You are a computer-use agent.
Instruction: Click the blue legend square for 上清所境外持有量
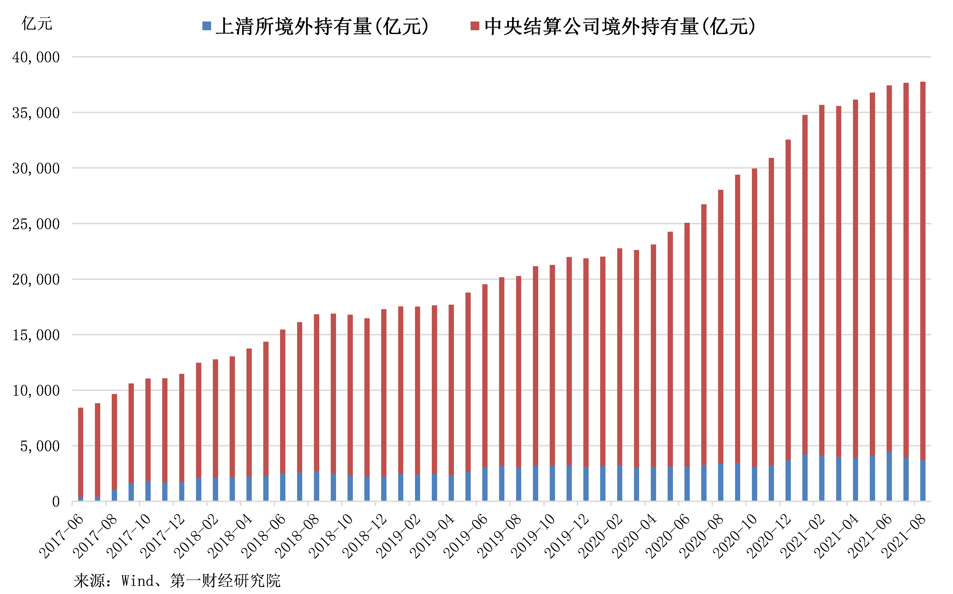207,26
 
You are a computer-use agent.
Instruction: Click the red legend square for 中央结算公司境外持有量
475,26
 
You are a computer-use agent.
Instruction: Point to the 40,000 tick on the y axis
36,57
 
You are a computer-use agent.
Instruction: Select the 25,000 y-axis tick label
36,224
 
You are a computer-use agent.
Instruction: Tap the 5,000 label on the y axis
40,446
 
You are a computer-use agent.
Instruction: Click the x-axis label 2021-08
904,536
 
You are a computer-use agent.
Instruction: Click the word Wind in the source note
137,581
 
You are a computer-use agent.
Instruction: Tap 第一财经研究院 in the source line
225,581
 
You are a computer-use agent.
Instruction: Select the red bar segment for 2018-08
317,393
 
